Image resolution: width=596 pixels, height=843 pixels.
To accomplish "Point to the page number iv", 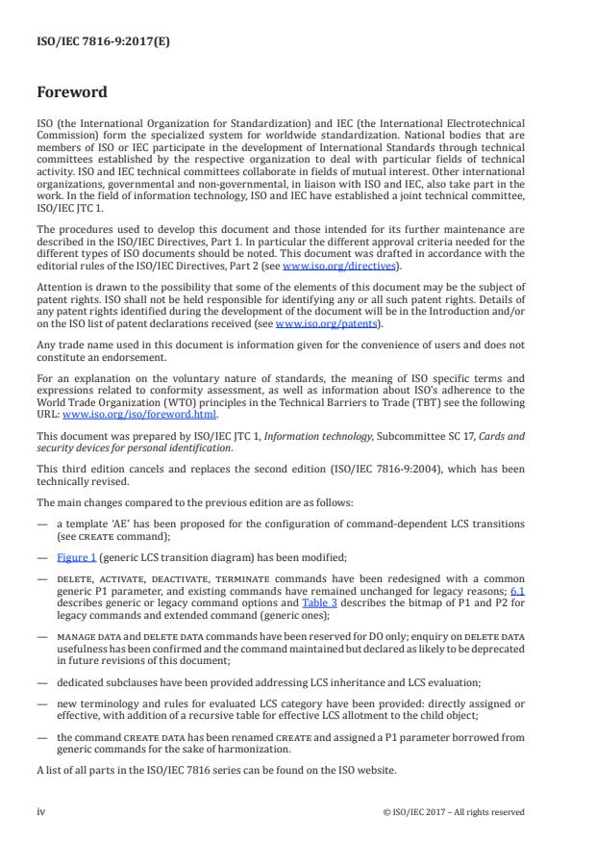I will [40, 810].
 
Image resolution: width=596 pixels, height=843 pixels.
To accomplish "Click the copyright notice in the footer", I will [453, 810].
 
